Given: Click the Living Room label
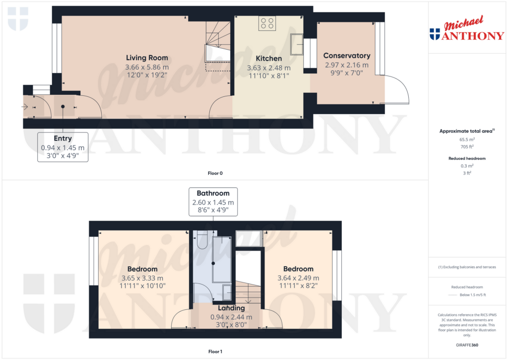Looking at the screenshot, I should point(147,58).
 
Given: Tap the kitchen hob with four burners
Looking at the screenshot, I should point(266,23).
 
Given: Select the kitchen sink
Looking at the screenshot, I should point(297,44).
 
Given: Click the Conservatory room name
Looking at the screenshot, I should point(347,56).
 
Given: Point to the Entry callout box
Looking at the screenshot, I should point(63,147).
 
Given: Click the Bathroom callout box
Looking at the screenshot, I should point(213,202).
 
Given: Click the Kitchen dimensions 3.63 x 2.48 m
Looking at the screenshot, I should point(269,68).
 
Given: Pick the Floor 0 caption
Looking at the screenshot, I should point(215,173).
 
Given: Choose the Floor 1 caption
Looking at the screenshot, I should point(215,352).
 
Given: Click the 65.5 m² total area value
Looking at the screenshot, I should point(466,140).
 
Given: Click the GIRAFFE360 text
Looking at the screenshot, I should point(466,345).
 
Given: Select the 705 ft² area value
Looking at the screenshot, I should point(466,147).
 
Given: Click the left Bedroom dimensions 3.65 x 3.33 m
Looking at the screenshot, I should point(142,278).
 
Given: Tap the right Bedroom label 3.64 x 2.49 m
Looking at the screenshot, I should point(298,278).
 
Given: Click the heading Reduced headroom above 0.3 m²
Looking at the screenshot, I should point(466,158).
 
